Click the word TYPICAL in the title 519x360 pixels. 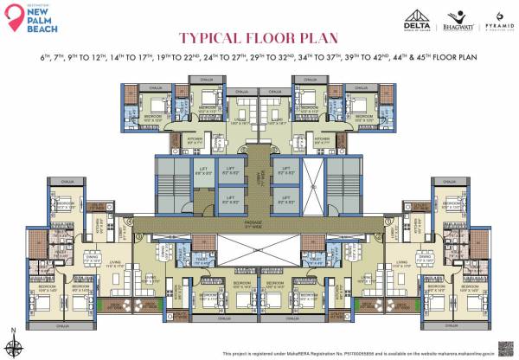click(x=210, y=39)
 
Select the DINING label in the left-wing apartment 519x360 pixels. click(x=92, y=257)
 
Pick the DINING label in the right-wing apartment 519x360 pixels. click(x=426, y=257)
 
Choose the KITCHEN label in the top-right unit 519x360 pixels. click(x=321, y=139)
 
